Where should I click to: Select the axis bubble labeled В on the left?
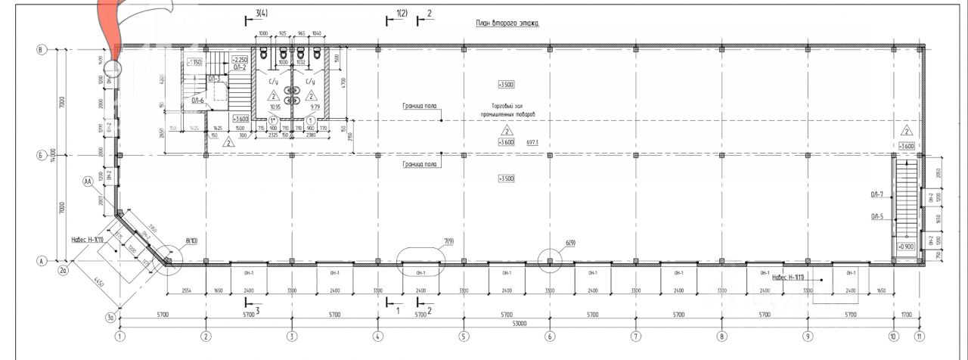coord(42,50)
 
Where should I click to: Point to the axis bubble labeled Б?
coord(42,156)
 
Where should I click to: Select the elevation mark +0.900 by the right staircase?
coord(906,247)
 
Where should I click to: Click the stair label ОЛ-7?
coord(877,195)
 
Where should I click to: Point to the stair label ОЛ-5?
coord(877,217)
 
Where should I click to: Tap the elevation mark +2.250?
coord(240,59)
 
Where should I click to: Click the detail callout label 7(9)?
coord(448,241)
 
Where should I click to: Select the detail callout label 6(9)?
coord(570,243)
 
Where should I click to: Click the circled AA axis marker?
coord(88,182)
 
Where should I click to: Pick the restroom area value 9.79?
coord(310,107)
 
